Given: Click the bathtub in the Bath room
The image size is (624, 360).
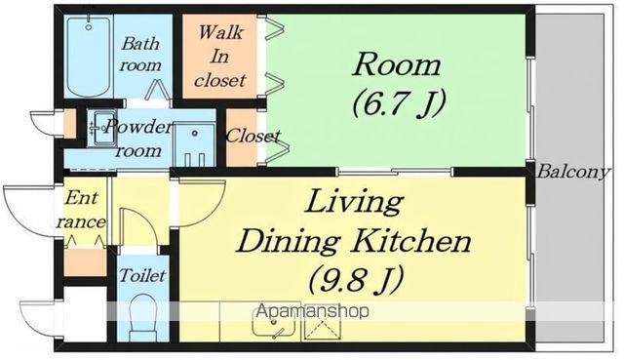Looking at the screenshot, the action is pyautogui.click(x=89, y=56).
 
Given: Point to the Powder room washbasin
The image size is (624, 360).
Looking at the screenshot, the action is pyautogui.click(x=101, y=128).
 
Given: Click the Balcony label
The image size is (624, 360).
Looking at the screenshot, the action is pyautogui.click(x=572, y=172).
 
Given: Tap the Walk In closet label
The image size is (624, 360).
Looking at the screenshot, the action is pyautogui.click(x=219, y=57).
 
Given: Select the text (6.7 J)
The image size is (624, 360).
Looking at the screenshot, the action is pyautogui.click(x=398, y=103).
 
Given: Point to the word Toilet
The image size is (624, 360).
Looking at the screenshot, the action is pyautogui.click(x=142, y=275).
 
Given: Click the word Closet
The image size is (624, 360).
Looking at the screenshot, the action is pyautogui.click(x=253, y=136).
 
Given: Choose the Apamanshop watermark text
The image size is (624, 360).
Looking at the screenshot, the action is pyautogui.click(x=312, y=310).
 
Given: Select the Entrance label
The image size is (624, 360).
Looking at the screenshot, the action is pyautogui.click(x=81, y=211).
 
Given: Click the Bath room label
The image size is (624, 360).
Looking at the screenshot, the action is pyautogui.click(x=140, y=55).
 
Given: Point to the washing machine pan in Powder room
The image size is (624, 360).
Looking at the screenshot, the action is pyautogui.click(x=195, y=145).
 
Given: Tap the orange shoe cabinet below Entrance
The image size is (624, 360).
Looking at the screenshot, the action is pyautogui.click(x=86, y=262).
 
